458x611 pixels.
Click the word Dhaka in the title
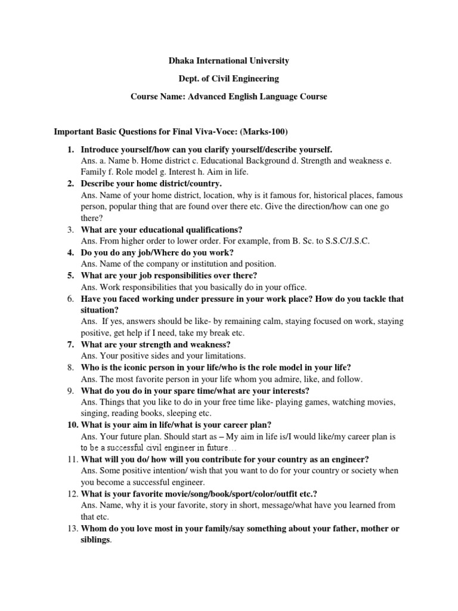(x=181, y=61)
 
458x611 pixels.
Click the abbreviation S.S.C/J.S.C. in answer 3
(x=345, y=241)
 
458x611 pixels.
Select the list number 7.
(x=70, y=345)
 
